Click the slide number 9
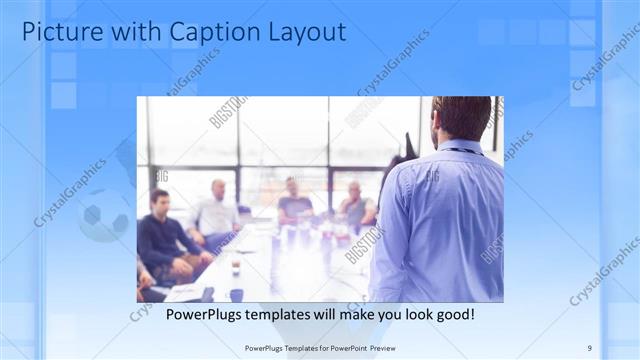coord(590,348)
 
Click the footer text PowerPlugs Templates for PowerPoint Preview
coord(319,348)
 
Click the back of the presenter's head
coord(462,117)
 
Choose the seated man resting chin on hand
coord(356,205)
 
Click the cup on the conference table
coord(235,267)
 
